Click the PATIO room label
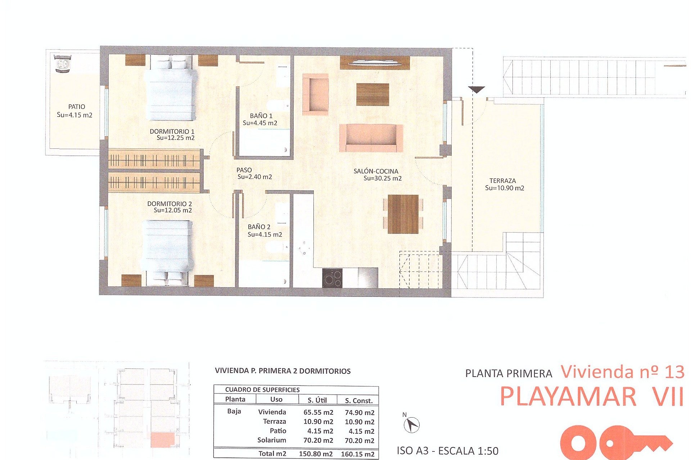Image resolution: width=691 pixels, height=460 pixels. (x=77, y=107)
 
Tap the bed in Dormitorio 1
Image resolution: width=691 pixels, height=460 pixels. (x=171, y=90)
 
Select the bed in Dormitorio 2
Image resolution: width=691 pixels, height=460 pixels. (x=167, y=248)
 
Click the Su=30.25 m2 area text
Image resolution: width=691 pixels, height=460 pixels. (x=382, y=178)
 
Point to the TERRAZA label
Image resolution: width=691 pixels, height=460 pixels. (x=502, y=181)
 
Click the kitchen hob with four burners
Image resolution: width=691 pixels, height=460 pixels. (x=332, y=278)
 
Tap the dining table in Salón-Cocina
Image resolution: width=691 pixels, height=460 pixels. (x=403, y=214)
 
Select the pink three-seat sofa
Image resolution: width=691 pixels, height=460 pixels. (x=371, y=138)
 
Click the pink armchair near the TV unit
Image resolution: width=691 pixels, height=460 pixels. (x=316, y=95)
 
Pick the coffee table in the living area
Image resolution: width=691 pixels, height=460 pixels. (x=372, y=95)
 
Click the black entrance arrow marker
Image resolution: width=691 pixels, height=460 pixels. (x=477, y=89)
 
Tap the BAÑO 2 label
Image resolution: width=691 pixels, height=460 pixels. (x=259, y=227)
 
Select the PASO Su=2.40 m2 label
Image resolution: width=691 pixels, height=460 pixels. (x=254, y=174)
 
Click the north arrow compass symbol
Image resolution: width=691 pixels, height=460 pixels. (x=411, y=425)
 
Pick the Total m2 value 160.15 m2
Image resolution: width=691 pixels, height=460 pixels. (x=357, y=454)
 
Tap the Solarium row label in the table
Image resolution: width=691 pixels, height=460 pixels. (x=271, y=440)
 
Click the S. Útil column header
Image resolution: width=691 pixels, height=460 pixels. (x=317, y=400)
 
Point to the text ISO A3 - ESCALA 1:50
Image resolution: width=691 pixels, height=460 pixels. (x=447, y=451)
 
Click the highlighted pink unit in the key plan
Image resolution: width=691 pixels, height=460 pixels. (x=163, y=440)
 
